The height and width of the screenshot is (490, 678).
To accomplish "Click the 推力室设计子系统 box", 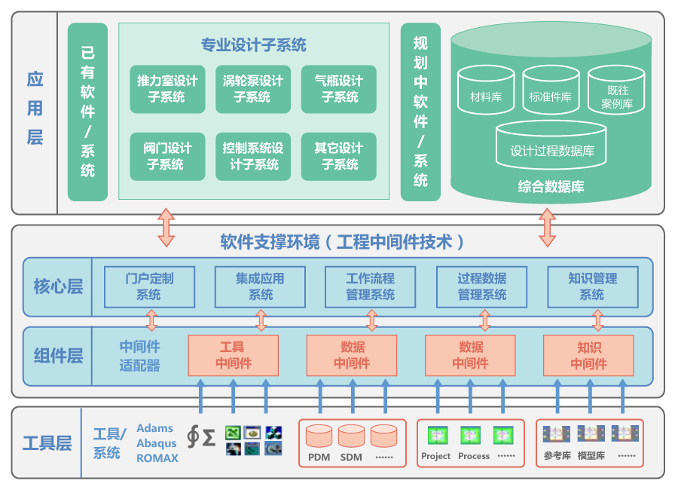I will pos(167,89).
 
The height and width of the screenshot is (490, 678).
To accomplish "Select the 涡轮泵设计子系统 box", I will pos(252,89).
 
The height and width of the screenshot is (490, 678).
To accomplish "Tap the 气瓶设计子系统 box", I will pos(339,89).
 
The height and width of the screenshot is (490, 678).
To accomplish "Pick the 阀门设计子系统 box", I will pos(167,156).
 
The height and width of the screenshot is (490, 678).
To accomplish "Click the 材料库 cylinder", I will pos(486,90).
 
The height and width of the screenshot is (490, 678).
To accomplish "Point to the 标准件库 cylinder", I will pos(551,90).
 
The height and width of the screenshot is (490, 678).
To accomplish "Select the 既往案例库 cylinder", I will pos(616,90).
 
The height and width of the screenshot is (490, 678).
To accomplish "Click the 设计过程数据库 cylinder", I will pos(552,145).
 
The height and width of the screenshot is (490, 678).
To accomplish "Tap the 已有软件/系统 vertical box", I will pos(87,112).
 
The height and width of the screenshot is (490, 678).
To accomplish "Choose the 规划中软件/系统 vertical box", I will pos(420,112).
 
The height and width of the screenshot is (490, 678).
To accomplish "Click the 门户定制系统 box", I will pos(149,286).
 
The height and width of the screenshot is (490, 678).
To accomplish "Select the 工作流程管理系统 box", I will pos(370,286).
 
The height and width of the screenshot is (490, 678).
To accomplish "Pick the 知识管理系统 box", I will pos(592,286).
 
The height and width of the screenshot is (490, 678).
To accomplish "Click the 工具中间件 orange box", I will pos(233,356).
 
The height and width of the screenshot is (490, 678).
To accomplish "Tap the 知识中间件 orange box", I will pos(588,356).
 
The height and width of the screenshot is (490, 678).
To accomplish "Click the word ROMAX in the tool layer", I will pos(157,458).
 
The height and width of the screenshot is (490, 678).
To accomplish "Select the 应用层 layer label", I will pos(35,108).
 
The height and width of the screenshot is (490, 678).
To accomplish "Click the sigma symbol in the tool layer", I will pos(209,437).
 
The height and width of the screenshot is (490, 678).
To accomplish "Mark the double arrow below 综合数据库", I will pos(548,228).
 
